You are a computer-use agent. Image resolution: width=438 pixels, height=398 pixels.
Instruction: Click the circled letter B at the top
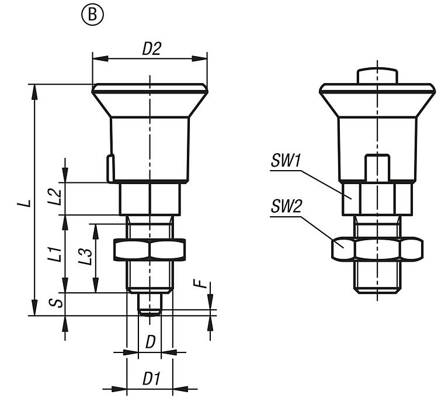(x=92, y=15)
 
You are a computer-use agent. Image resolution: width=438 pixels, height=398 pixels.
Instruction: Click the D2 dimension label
(x=151, y=50)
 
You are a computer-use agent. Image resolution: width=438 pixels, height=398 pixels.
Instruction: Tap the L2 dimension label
(x=54, y=196)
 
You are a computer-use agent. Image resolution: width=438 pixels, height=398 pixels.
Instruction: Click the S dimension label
(x=54, y=304)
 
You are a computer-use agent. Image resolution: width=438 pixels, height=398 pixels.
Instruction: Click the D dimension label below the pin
(x=150, y=342)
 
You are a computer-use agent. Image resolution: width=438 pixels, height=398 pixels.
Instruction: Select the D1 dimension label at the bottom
(x=151, y=379)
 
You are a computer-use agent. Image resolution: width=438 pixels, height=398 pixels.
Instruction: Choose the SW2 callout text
(x=286, y=206)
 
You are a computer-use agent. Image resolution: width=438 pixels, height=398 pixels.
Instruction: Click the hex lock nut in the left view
(x=150, y=250)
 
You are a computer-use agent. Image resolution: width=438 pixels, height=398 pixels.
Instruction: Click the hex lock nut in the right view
(x=377, y=249)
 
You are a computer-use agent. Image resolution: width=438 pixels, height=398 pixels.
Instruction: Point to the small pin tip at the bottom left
(x=150, y=304)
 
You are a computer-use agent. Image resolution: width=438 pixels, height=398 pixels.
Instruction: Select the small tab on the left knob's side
(x=109, y=168)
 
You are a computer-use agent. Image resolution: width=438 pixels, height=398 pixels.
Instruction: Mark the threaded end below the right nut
(x=377, y=277)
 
